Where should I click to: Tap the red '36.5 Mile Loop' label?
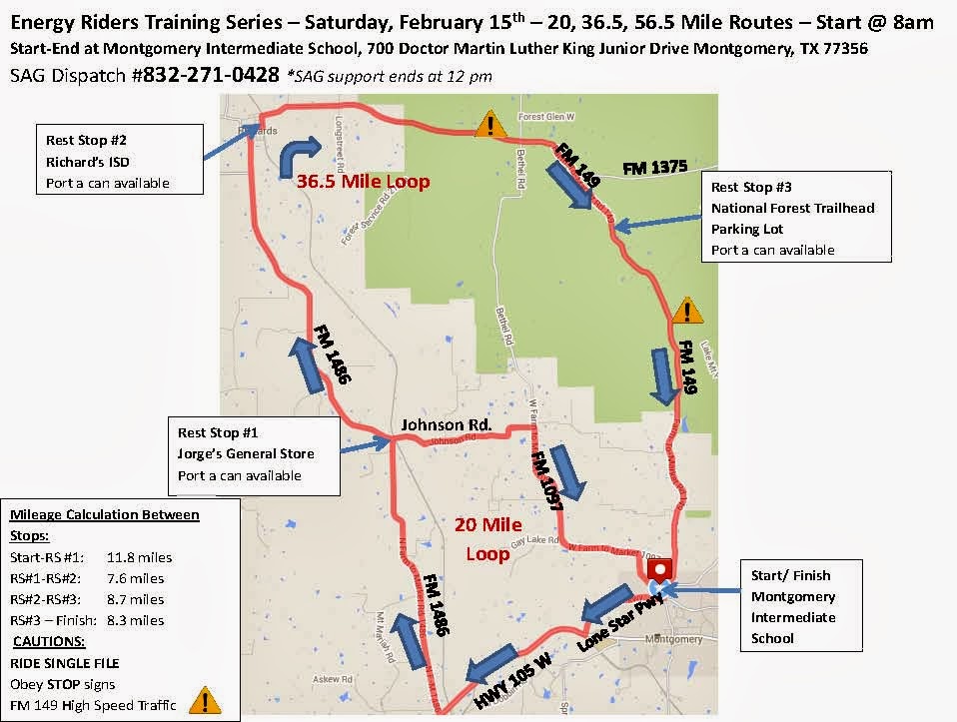point(363,182)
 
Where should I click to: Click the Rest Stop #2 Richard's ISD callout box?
point(118,159)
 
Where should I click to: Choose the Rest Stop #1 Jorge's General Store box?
point(255,454)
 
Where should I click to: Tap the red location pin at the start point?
point(659,570)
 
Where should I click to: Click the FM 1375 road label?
point(654,168)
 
